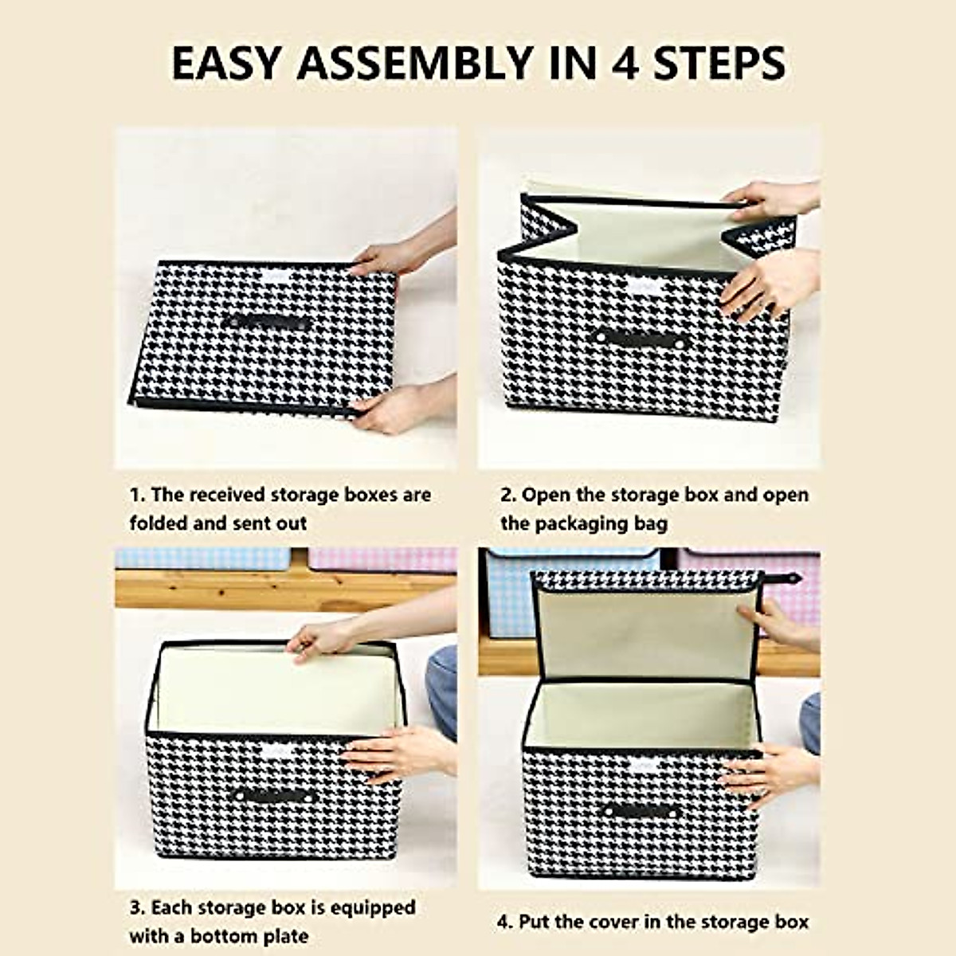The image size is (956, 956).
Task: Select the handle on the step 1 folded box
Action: tap(267, 322)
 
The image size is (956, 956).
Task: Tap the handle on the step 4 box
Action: tap(641, 811)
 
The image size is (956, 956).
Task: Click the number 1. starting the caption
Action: tap(137, 495)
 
